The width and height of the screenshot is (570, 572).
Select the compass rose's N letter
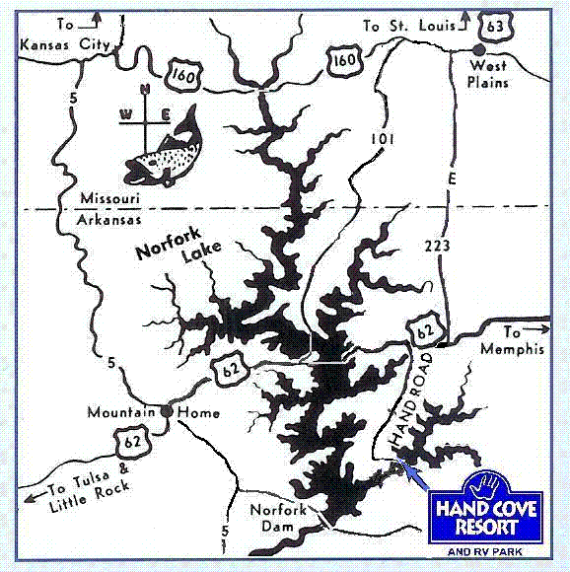click(144, 90)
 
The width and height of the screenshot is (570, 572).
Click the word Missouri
click(106, 198)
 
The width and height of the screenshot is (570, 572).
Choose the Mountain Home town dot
click(169, 410)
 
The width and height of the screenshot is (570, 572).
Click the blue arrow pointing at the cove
click(415, 479)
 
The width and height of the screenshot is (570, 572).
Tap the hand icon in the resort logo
click(488, 484)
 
